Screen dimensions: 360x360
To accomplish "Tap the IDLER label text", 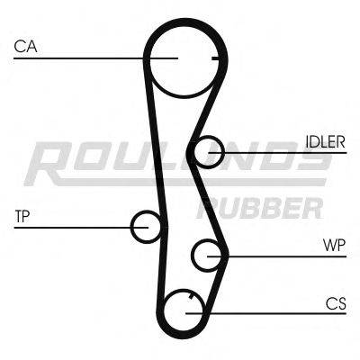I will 325,142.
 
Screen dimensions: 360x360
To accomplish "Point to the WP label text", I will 334,245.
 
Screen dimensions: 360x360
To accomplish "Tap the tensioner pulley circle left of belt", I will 146,226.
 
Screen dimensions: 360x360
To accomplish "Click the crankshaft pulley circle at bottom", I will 185,311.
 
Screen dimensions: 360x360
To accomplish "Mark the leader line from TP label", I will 72,227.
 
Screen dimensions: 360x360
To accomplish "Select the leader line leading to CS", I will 270,312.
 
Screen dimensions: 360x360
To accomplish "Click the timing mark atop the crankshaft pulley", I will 186,294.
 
